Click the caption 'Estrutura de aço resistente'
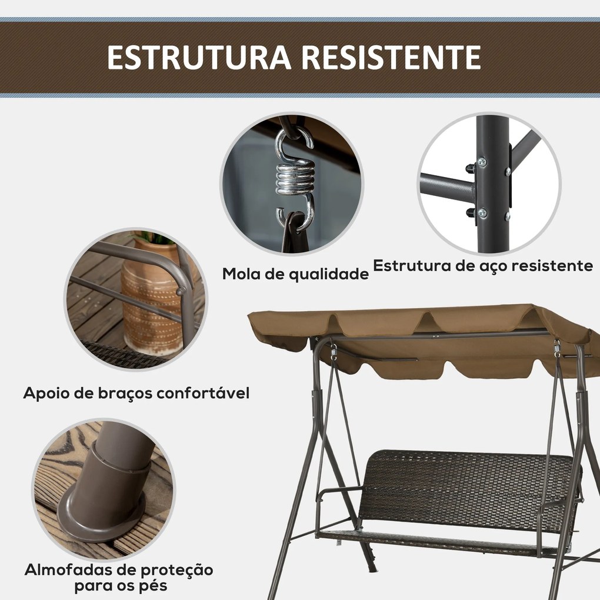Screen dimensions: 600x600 483,265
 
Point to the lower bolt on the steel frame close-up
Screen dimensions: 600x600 482,213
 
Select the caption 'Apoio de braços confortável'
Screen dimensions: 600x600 136,393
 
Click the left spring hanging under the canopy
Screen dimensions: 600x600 334,351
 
